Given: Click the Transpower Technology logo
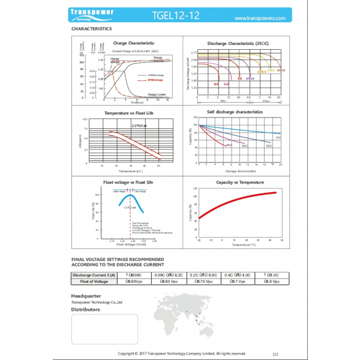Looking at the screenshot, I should pyautogui.click(x=92, y=16).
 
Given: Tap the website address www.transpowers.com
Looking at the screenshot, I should pyautogui.click(x=259, y=18).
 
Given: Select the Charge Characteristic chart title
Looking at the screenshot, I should pyautogui.click(x=133, y=43).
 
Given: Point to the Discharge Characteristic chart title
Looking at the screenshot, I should pyautogui.click(x=238, y=44).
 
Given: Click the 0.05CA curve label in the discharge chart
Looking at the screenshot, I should pyautogui.click(x=281, y=70).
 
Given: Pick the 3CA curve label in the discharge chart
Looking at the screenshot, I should pyautogui.click(x=215, y=85).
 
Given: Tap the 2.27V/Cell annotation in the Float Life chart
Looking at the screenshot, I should pyautogui.click(x=139, y=125).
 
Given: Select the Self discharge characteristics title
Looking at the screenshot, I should pyautogui.click(x=235, y=112).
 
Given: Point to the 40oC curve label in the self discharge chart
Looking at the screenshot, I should pyautogui.click(x=229, y=145).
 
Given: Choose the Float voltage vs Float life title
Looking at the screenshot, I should pyautogui.click(x=128, y=182).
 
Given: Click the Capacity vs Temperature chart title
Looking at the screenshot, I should pyautogui.click(x=236, y=182).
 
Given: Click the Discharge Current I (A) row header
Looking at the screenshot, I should pyautogui.click(x=94, y=275).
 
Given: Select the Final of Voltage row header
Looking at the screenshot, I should pyautogui.click(x=94, y=281).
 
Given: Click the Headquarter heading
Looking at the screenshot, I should pyautogui.click(x=86, y=296).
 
